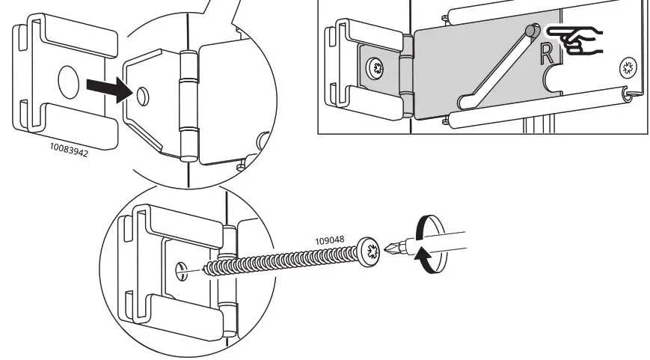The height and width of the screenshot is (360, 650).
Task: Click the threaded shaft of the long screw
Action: coord(284,259)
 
